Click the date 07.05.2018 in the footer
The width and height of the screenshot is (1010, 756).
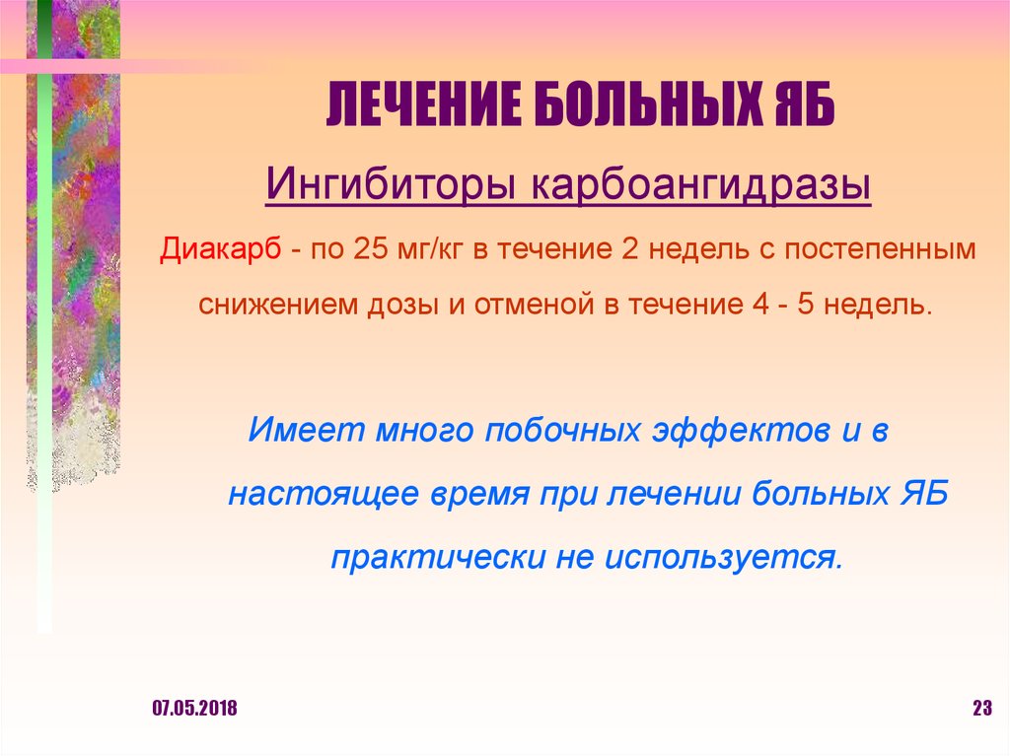click(x=194, y=709)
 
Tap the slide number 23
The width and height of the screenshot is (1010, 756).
click(x=980, y=709)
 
